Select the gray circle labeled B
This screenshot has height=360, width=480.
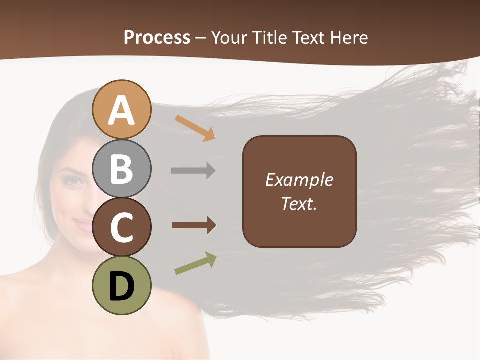click(122, 168)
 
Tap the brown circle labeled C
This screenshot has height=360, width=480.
click(122, 227)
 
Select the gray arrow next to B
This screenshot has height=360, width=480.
click(193, 171)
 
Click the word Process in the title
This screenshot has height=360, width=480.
click(157, 37)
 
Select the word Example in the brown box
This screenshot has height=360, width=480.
click(299, 180)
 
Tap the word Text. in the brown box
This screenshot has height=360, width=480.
click(299, 203)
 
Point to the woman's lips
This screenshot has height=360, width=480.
click(84, 225)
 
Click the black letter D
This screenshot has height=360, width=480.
click(122, 287)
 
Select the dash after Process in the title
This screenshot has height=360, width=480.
click(201, 38)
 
